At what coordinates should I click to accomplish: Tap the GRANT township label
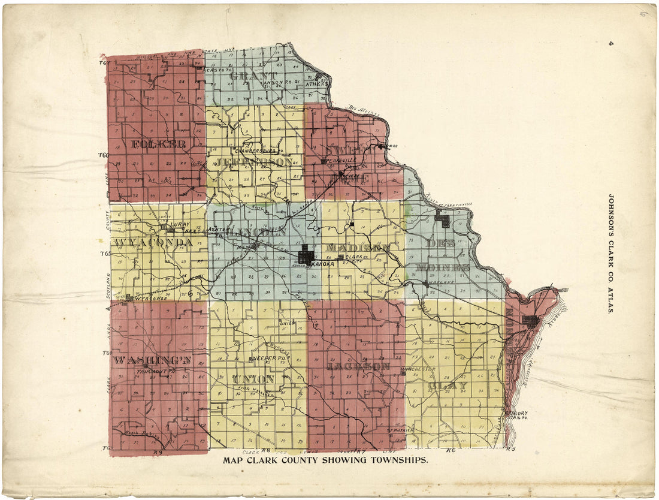[253, 76]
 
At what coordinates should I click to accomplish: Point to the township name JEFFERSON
[255, 162]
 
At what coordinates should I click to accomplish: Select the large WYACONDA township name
[152, 243]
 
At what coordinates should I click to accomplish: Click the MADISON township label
[358, 247]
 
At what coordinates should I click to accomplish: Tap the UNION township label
[253, 379]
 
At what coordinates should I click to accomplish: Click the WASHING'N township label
[153, 360]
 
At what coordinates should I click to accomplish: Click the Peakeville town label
[341, 161]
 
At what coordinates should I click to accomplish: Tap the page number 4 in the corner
[610, 43]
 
